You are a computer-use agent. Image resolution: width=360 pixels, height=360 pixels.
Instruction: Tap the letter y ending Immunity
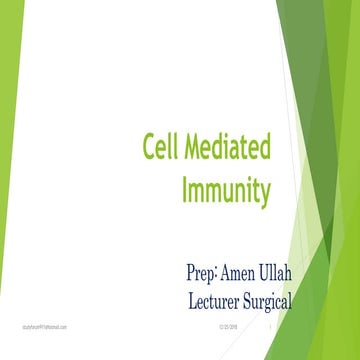point(265,191)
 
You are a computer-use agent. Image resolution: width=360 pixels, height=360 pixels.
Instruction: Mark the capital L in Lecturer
point(192,298)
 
